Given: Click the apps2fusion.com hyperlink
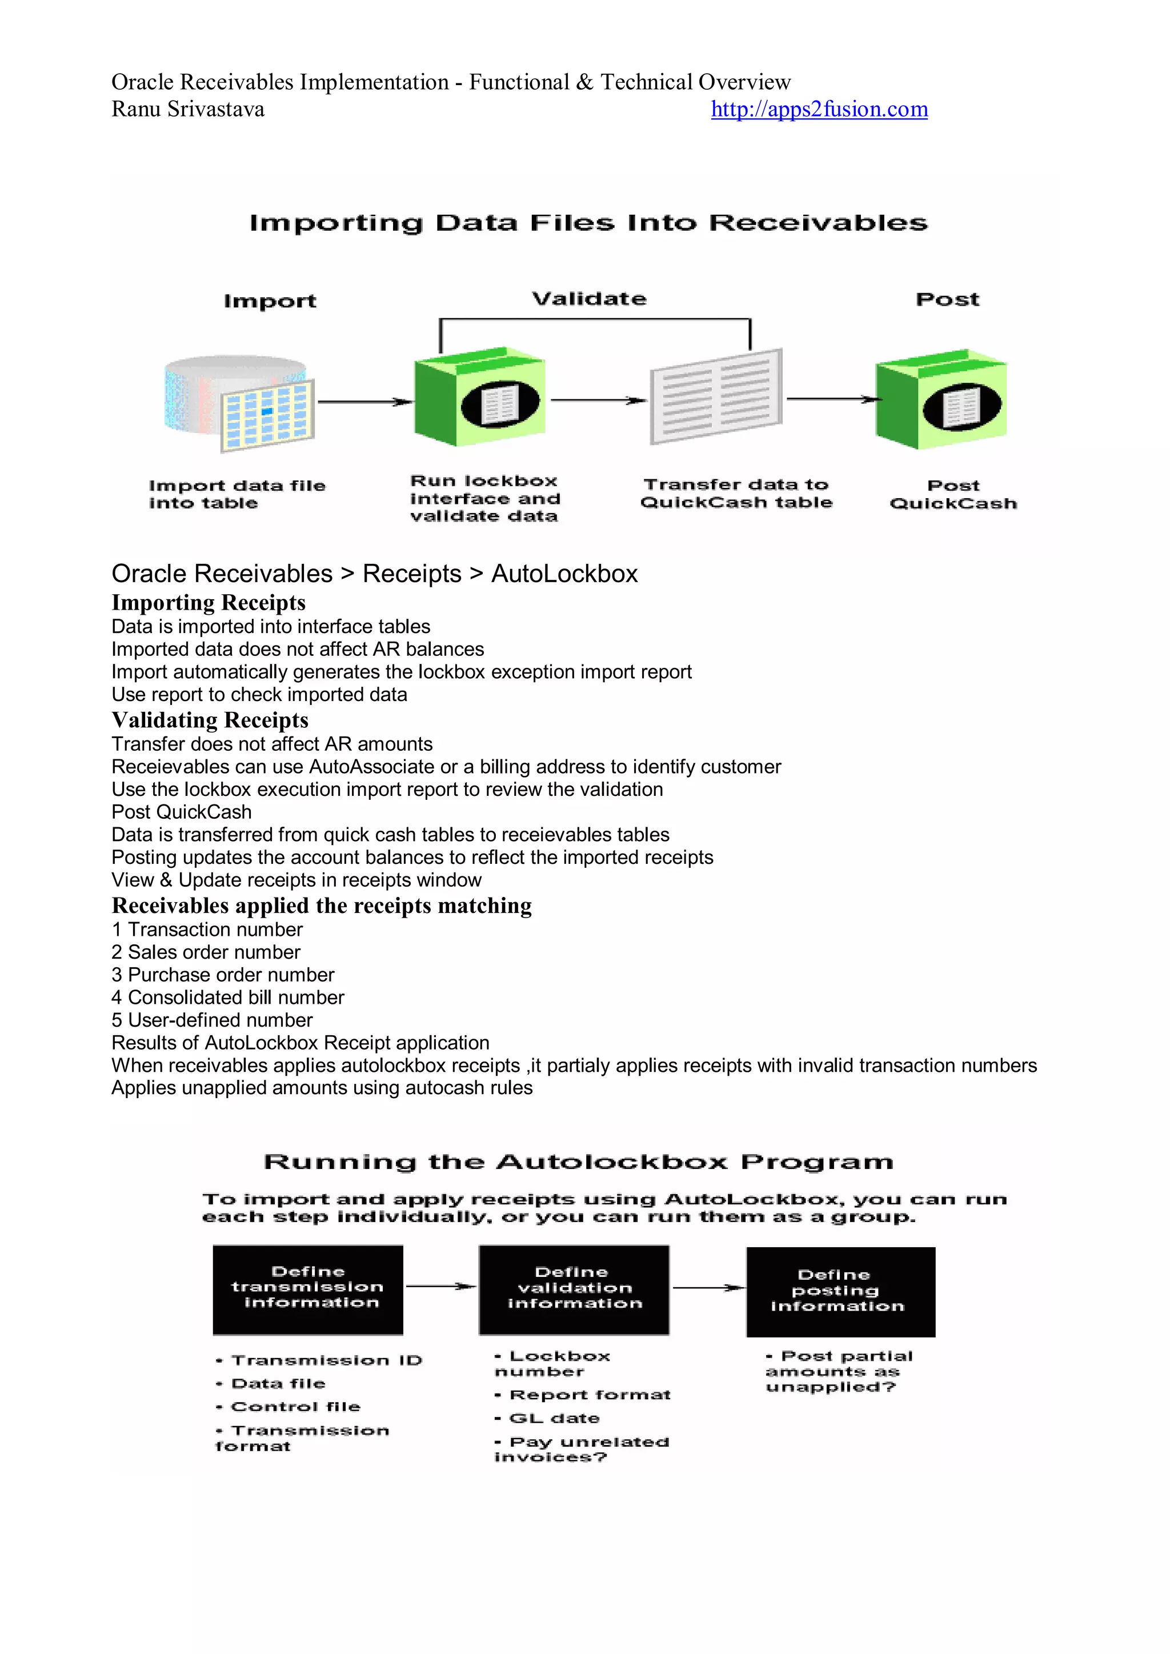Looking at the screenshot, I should point(819,110).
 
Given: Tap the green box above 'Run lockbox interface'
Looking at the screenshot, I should point(479,398).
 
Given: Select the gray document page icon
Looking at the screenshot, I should point(715,398).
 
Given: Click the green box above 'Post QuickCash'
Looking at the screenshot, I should point(941,401).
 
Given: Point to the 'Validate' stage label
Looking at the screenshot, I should point(590,299).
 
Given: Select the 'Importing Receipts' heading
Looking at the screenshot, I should point(208,602).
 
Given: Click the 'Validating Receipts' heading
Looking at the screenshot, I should point(210,720).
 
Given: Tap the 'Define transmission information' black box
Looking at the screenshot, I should point(307,1289).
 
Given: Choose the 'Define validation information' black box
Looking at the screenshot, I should point(574,1289).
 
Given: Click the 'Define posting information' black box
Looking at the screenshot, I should point(841,1292).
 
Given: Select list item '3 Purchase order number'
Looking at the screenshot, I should point(223,975).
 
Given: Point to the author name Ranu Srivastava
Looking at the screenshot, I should point(188,110).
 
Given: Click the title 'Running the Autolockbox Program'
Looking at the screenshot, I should point(579,1162).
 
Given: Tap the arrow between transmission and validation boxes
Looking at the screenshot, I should point(441,1287).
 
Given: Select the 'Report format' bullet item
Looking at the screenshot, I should point(590,1395).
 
